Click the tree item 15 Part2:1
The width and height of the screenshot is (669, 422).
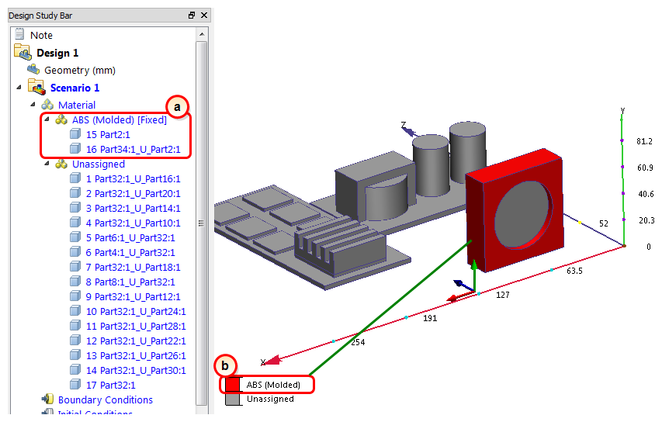click(x=108, y=135)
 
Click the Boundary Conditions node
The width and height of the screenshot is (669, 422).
click(x=106, y=400)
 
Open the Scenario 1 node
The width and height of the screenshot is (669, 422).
click(x=75, y=88)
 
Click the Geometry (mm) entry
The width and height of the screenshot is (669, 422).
click(x=80, y=71)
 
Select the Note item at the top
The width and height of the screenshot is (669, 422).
click(x=41, y=36)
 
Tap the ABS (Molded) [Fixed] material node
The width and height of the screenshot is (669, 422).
click(x=120, y=120)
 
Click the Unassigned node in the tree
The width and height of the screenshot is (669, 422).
click(x=99, y=164)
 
